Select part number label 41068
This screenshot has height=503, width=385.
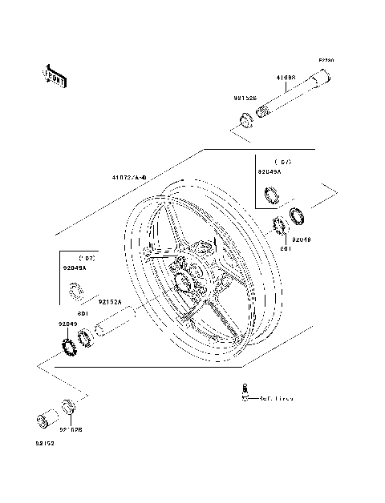tap(286, 78)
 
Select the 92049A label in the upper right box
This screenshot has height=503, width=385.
tap(270, 171)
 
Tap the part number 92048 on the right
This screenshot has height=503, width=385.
tap(302, 239)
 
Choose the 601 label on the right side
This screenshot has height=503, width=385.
tap(285, 247)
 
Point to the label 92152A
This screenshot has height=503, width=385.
tap(110, 302)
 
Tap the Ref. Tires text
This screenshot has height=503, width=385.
tap(274, 398)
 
